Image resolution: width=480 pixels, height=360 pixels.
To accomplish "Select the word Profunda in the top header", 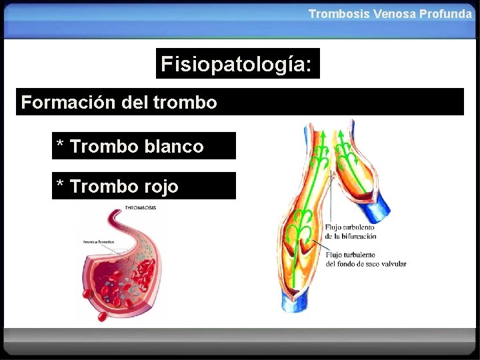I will pos(446,13).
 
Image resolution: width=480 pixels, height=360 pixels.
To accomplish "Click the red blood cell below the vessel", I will pos(99,310).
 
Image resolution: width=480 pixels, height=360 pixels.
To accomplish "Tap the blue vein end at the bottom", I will pos(293,303).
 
